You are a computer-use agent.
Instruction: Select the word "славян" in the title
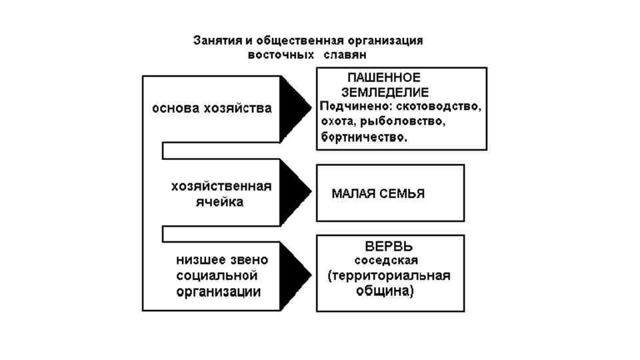coord(346,55)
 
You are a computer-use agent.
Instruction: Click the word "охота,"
coord(339,123)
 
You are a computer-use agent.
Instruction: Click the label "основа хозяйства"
coord(212,108)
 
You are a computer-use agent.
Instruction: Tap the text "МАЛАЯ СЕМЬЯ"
coord(378,194)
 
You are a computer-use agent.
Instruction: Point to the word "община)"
coord(389,291)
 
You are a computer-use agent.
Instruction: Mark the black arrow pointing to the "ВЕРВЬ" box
coord(293,274)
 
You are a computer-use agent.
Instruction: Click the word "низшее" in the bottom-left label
coord(198,259)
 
